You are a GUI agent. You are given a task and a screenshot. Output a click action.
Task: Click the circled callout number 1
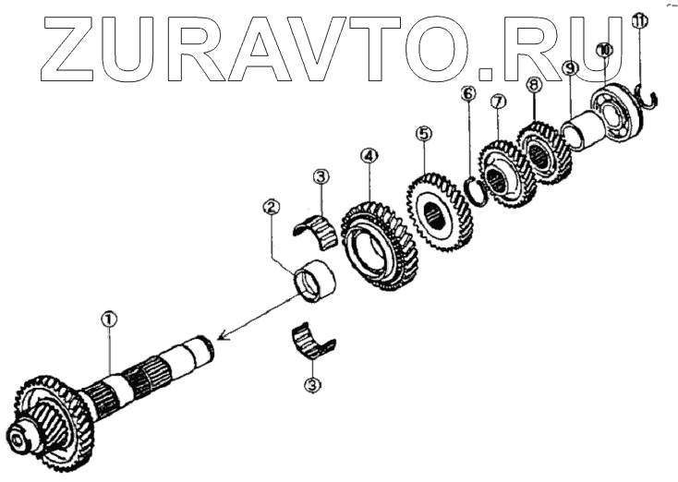pos(109,319)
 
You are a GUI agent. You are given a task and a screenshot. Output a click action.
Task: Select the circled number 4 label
pos(369,157)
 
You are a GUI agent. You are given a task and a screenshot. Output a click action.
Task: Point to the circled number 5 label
pos(423,134)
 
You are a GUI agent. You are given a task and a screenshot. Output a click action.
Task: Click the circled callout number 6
pos(468,94)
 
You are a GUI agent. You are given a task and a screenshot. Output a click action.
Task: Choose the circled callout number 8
pos(533,84)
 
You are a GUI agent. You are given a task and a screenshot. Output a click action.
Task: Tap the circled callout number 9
pos(570,68)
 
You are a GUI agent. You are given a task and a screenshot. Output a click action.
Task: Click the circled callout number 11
pos(635,20)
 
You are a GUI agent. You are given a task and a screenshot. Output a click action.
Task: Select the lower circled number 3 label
pos(313,385)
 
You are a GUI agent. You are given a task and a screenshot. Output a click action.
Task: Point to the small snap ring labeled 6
pos(475,190)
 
